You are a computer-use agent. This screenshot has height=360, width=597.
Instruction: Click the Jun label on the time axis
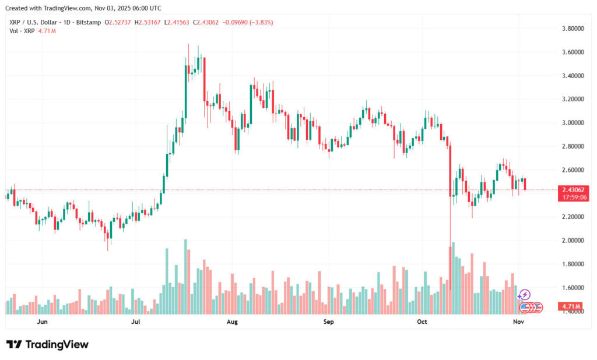[x=42, y=322]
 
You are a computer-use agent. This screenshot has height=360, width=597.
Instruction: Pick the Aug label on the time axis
[x=232, y=322]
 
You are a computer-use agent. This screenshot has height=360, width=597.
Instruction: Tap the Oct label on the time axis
[x=422, y=322]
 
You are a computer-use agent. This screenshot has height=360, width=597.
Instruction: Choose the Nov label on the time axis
[x=518, y=322]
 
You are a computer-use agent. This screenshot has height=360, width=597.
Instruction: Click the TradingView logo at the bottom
[x=48, y=344]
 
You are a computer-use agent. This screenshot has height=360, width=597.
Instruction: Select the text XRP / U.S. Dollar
[x=34, y=22]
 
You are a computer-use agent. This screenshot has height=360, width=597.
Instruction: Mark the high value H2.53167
[x=148, y=22]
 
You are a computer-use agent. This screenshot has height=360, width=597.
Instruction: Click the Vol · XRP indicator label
[x=21, y=30]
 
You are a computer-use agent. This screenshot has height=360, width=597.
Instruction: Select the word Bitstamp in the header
[x=87, y=22]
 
